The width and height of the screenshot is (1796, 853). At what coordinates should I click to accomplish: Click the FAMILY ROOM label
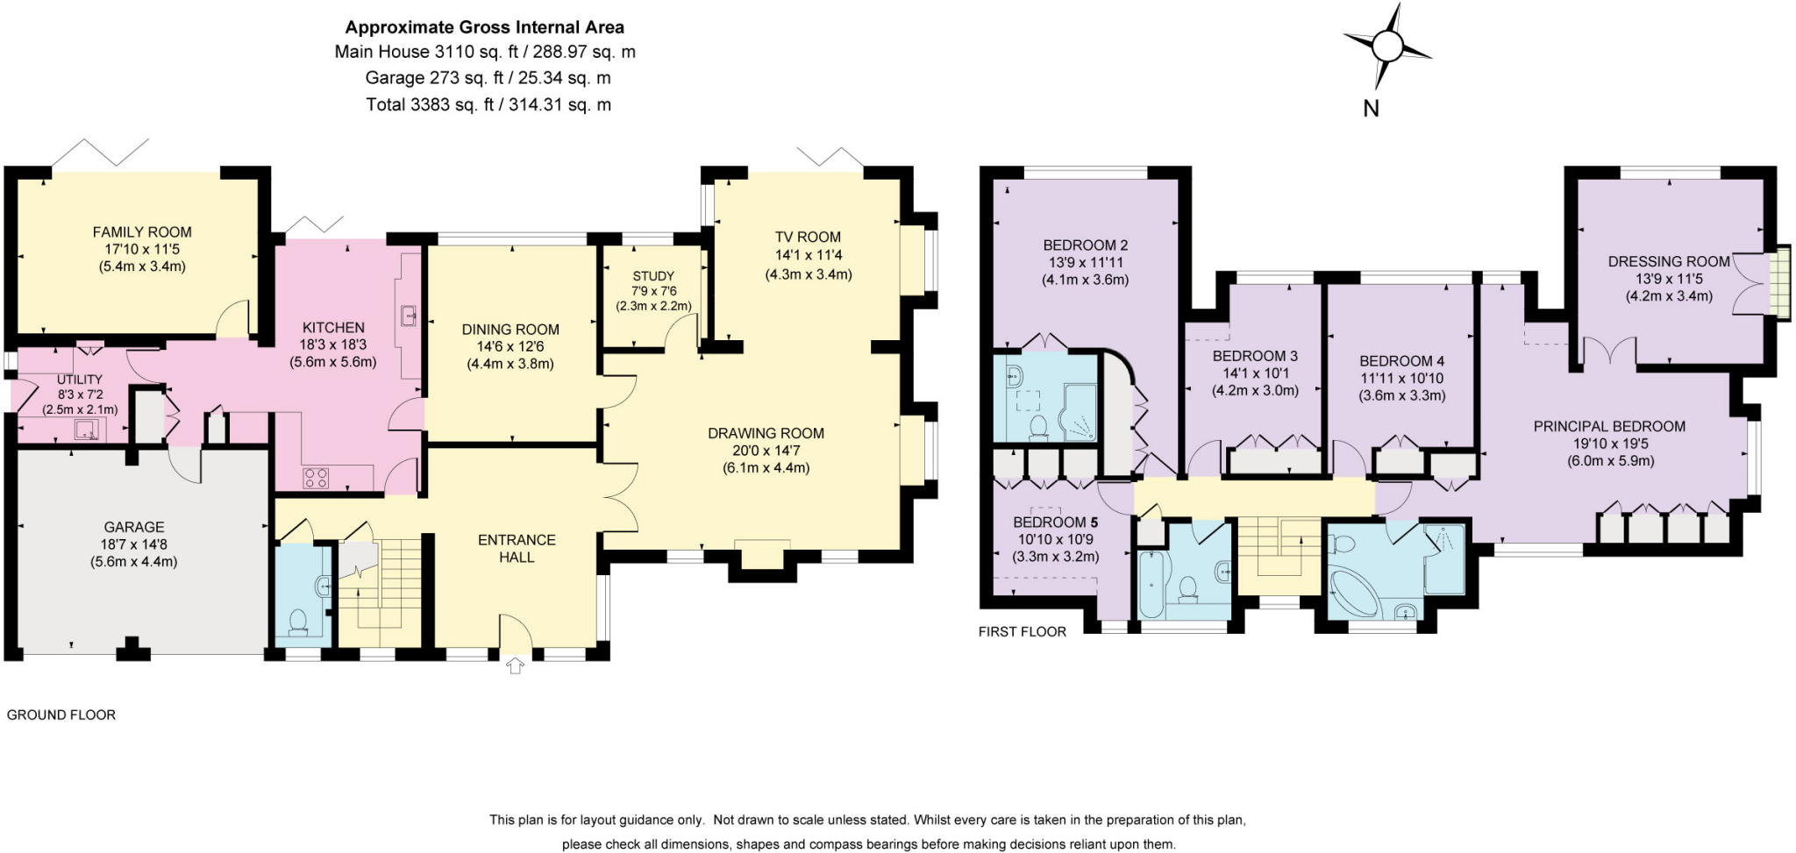click(142, 232)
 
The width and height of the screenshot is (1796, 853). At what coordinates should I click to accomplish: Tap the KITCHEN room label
click(333, 328)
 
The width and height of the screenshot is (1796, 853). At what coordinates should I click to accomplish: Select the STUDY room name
click(653, 276)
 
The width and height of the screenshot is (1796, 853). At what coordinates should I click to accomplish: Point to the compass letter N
click(1371, 109)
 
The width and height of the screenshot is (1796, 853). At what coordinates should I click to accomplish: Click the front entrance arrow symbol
click(516, 666)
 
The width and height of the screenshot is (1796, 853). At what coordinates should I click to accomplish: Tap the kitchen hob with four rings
click(316, 478)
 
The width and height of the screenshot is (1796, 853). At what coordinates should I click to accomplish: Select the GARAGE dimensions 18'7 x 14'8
click(133, 544)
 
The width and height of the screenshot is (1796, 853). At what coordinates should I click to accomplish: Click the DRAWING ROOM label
click(766, 433)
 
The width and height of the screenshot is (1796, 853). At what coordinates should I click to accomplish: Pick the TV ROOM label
click(808, 237)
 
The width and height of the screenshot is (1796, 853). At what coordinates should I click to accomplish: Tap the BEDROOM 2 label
click(1085, 245)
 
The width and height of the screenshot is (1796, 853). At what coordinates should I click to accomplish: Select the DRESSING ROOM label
click(1669, 261)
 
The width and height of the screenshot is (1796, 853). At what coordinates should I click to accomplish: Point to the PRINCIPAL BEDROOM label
click(1609, 427)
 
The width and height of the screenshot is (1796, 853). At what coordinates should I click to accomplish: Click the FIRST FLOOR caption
click(1023, 631)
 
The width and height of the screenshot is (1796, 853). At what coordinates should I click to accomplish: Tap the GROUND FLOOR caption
click(61, 714)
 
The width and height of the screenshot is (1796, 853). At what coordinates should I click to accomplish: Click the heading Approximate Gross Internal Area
click(485, 27)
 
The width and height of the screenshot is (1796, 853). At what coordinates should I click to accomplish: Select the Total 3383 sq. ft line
click(488, 105)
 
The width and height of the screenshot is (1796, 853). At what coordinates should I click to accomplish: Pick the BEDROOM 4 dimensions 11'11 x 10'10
click(1401, 379)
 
